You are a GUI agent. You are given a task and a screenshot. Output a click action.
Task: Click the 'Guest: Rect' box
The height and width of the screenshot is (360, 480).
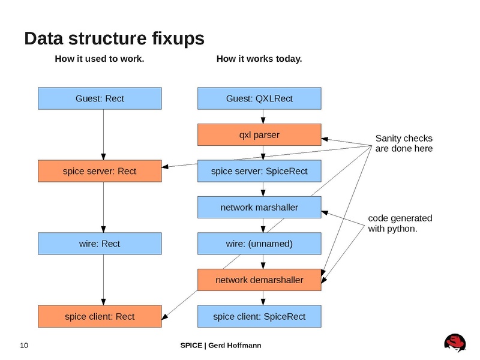click(x=100, y=98)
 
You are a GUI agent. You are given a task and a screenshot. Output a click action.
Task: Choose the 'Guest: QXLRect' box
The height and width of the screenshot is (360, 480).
click(x=259, y=98)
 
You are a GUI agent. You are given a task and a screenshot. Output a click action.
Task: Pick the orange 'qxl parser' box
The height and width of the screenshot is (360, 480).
click(x=259, y=134)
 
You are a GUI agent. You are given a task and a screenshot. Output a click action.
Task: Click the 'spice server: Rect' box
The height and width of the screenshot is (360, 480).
click(x=100, y=171)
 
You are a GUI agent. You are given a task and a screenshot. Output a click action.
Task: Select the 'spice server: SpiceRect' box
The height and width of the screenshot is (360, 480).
click(x=259, y=171)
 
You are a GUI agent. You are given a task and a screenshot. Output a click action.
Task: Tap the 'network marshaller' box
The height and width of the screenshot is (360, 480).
click(x=259, y=208)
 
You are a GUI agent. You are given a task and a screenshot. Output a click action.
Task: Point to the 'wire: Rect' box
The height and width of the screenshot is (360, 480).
click(x=100, y=244)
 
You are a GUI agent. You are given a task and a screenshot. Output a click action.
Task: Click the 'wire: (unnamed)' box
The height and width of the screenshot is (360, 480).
click(x=259, y=244)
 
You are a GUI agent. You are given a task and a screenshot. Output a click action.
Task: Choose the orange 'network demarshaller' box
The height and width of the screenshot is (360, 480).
click(x=259, y=280)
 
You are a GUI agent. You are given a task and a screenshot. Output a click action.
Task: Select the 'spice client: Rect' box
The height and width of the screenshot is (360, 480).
click(x=100, y=316)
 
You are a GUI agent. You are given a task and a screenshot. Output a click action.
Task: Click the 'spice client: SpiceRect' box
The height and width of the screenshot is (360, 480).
click(x=259, y=316)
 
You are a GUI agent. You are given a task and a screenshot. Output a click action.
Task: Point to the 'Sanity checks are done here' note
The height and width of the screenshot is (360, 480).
click(x=403, y=143)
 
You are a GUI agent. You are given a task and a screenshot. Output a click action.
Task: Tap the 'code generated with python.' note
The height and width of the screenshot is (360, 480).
click(x=400, y=223)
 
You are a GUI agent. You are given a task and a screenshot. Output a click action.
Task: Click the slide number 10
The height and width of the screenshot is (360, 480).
click(x=25, y=345)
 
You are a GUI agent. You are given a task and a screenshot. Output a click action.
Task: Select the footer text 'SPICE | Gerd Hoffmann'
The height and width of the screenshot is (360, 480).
click(x=221, y=345)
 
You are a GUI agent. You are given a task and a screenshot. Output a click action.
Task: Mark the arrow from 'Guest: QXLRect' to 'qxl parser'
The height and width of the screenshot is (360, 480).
click(x=263, y=116)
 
